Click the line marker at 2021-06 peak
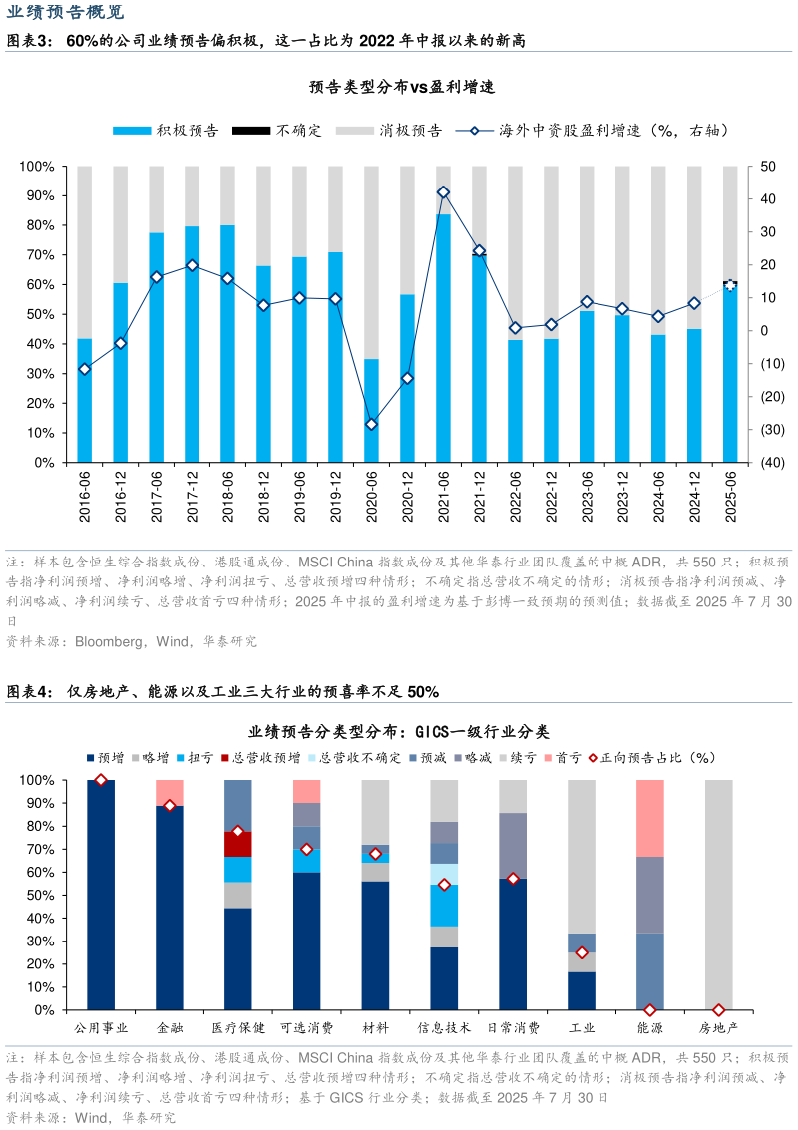click(x=444, y=192)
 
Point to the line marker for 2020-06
click(x=372, y=424)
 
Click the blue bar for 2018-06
click(x=228, y=343)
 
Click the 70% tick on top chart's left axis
click(x=41, y=255)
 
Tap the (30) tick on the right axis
click(x=772, y=430)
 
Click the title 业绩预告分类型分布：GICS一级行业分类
click(x=399, y=732)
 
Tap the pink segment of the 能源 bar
click(x=650, y=818)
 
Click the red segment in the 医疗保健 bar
click(x=237, y=844)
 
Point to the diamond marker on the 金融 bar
click(x=170, y=806)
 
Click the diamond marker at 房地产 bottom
click(x=719, y=1010)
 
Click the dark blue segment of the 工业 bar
click(x=582, y=990)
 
